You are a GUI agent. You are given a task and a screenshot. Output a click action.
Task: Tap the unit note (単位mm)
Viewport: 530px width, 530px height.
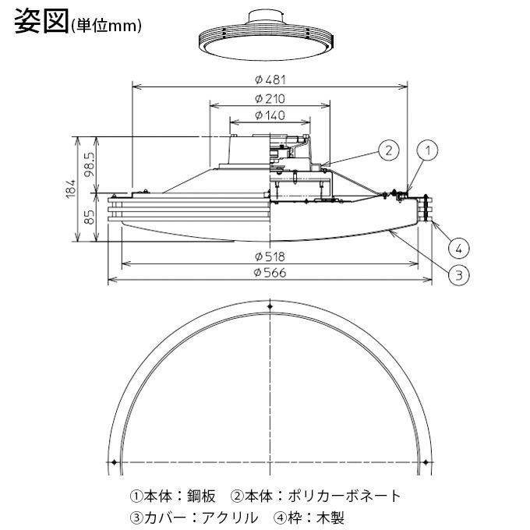pyautogui.click(x=106, y=26)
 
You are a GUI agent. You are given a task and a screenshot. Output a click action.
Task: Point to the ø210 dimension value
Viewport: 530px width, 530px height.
pyautogui.click(x=269, y=99)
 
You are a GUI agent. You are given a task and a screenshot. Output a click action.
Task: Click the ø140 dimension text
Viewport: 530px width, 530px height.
pyautogui.click(x=269, y=115)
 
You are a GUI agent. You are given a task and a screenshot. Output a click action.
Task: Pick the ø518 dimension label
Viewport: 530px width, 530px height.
pyautogui.click(x=269, y=256)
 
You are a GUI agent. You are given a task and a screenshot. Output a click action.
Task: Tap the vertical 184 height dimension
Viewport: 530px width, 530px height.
pyautogui.click(x=71, y=188)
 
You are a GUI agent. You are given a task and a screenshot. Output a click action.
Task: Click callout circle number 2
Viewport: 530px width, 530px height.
pyautogui.click(x=389, y=150)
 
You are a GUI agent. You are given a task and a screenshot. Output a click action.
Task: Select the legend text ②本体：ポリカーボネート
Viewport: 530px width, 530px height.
pyautogui.click(x=316, y=496)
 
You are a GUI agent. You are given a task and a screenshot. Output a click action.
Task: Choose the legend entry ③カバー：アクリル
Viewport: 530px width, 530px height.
pyautogui.click(x=193, y=517)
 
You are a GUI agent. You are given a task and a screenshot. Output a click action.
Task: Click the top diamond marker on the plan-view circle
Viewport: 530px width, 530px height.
pyautogui.click(x=270, y=309)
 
